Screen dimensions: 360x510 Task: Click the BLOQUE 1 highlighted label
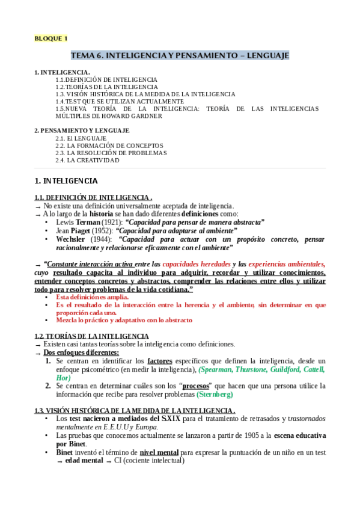pyautogui.click(x=51, y=39)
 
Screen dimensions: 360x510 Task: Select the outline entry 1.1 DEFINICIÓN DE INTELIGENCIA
pyautogui.click(x=106, y=79)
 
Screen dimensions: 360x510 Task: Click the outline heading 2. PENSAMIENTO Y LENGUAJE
pyautogui.click(x=81, y=131)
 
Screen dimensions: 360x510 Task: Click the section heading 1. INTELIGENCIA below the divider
pyautogui.click(x=66, y=180)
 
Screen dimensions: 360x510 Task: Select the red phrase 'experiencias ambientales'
pyautogui.click(x=287, y=264)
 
